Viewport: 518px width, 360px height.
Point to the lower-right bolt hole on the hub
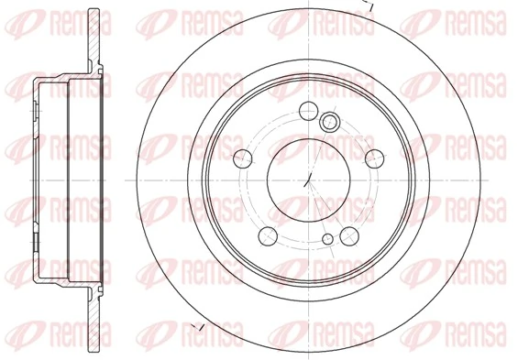tap(348, 236)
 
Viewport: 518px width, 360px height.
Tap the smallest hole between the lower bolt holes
tap(327, 240)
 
